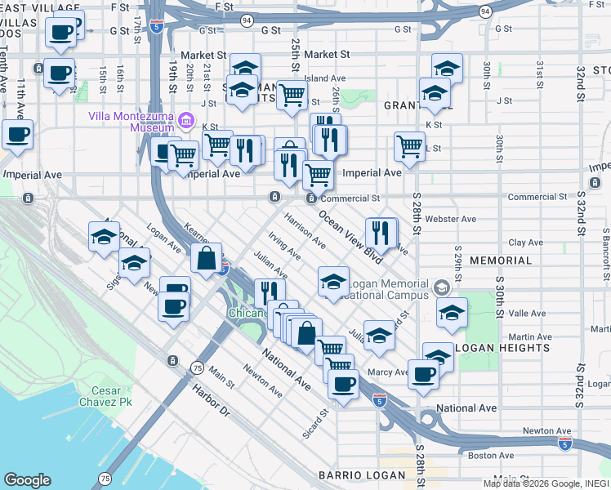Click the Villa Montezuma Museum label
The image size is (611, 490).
132,122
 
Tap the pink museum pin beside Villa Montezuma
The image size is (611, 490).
187,122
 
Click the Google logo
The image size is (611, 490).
27,480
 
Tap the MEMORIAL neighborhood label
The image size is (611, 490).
502,261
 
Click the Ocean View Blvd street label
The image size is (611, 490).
350,237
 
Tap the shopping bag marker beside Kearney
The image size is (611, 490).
207,259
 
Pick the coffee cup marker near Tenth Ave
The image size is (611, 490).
17,135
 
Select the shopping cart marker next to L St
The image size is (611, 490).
409,147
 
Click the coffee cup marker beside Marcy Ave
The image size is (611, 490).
423,374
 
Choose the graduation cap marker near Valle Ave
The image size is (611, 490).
452,313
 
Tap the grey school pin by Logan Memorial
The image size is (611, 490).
441,287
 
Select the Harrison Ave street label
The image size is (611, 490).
305,232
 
